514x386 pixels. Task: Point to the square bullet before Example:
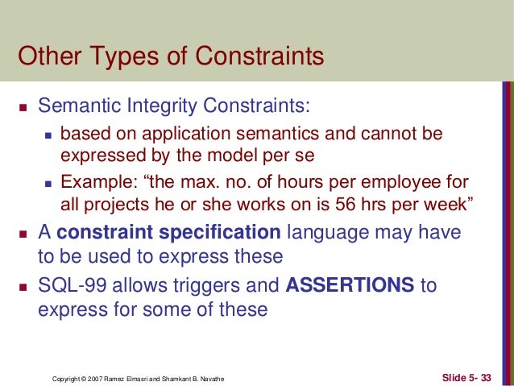tap(48, 181)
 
